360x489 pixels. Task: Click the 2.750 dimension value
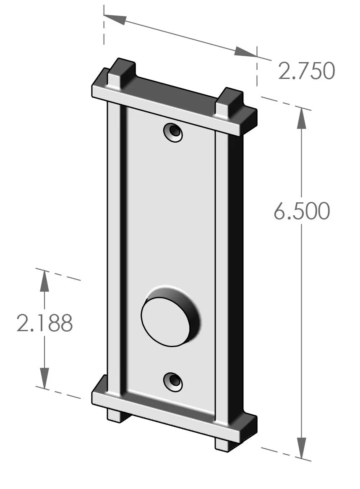pos(306,71)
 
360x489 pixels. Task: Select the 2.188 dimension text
pos(44,323)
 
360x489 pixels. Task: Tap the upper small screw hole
pos(173,133)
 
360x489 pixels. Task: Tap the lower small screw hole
pos(173,382)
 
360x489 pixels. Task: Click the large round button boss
pos(166,322)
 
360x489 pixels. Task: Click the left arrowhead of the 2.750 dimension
pos(115,18)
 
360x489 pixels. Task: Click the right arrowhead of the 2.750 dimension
pos(245,52)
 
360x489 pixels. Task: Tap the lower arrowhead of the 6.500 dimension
pos(302,447)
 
